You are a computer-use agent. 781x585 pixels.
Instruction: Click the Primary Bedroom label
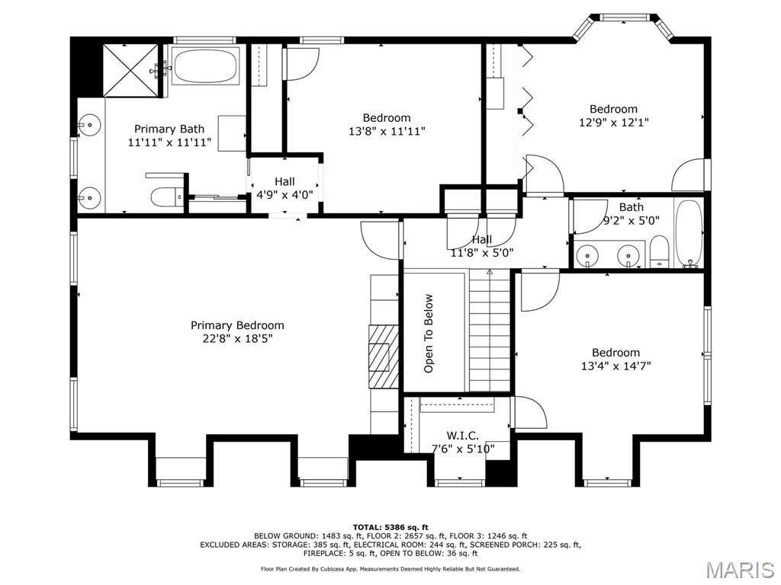click(x=237, y=325)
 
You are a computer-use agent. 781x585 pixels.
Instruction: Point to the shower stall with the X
click(x=130, y=69)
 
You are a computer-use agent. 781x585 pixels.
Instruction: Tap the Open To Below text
click(x=429, y=334)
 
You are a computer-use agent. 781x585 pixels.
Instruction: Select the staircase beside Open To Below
click(x=490, y=331)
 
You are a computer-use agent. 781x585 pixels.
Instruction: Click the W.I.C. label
click(x=463, y=436)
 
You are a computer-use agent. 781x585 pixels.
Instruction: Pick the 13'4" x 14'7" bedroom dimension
click(x=616, y=366)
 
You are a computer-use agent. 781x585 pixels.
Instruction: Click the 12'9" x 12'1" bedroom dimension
click(x=614, y=123)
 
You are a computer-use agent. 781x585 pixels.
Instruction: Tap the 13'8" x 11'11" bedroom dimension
click(x=387, y=131)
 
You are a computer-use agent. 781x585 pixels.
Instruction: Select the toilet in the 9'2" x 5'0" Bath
click(x=658, y=251)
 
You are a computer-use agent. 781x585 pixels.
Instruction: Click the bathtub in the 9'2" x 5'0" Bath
click(x=689, y=233)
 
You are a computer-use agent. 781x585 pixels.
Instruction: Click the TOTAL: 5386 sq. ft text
click(x=390, y=527)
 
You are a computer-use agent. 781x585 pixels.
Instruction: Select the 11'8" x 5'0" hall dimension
click(x=482, y=253)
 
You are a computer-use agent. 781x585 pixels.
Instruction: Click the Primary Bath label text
click(x=169, y=129)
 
